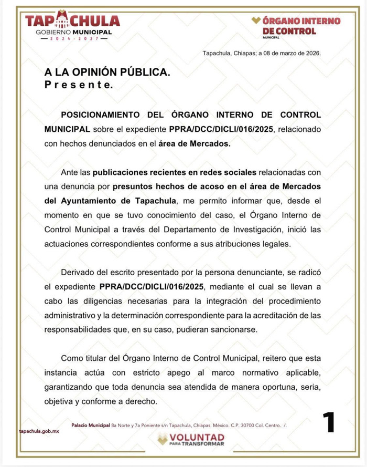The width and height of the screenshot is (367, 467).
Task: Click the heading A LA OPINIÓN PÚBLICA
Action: click(x=107, y=74)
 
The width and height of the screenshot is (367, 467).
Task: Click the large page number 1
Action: click(x=328, y=422)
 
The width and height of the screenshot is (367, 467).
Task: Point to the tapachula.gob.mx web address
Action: click(x=38, y=430)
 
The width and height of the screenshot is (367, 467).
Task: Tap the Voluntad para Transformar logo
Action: click(x=191, y=440)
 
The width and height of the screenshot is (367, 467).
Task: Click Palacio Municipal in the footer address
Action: click(x=91, y=424)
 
